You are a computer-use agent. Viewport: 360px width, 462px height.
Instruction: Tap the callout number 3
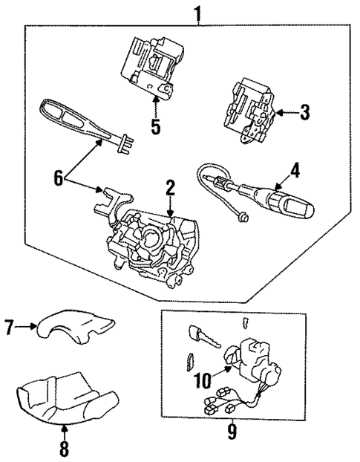304,113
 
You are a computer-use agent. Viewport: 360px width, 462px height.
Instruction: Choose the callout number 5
155,126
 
